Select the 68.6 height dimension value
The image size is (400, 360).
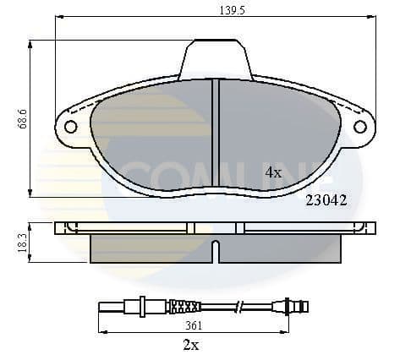click(23, 118)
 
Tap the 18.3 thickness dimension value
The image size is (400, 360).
click(23, 242)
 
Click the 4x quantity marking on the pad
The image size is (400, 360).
click(272, 172)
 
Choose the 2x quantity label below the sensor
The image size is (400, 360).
click(190, 346)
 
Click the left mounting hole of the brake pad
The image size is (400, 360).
click(70, 127)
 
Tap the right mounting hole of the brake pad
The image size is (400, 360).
click(359, 127)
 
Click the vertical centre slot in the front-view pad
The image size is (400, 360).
click(215, 135)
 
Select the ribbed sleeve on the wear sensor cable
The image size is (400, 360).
click(185, 306)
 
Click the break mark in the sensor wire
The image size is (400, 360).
click(240, 306)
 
